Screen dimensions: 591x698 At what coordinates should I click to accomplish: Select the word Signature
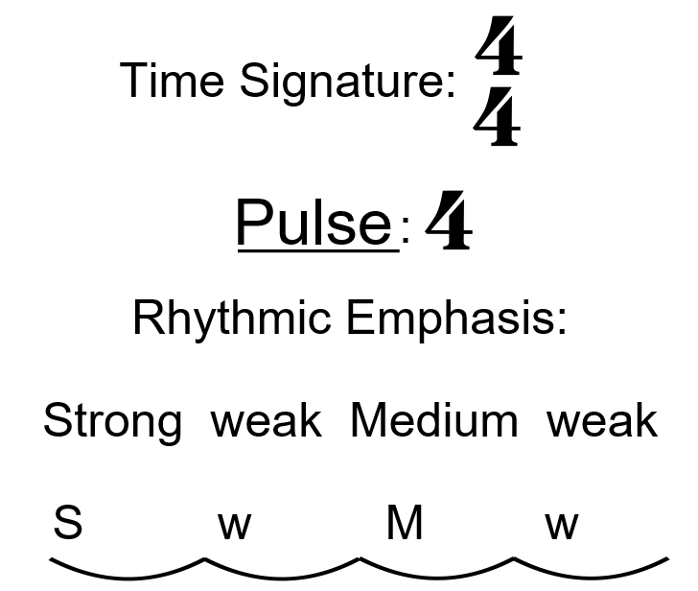(345, 82)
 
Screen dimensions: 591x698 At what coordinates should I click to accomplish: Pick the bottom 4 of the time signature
(498, 119)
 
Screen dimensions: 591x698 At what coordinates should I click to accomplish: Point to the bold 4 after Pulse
(448, 222)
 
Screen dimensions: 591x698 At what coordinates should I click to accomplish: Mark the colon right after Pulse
(406, 230)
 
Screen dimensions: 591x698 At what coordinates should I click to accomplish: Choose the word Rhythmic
(233, 317)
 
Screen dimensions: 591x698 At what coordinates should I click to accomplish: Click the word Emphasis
(455, 318)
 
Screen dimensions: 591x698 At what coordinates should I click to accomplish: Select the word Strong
(112, 421)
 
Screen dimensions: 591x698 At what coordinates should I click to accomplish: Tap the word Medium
(433, 420)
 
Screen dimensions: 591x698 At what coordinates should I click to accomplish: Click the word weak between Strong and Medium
(266, 420)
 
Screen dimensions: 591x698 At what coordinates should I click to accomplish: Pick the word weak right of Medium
(602, 420)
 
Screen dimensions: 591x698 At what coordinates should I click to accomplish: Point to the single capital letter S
(68, 523)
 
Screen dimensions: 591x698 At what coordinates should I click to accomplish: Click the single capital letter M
(404, 523)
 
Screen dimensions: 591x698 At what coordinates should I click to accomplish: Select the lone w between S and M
(234, 525)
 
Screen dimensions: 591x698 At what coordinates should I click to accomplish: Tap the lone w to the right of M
(562, 525)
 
